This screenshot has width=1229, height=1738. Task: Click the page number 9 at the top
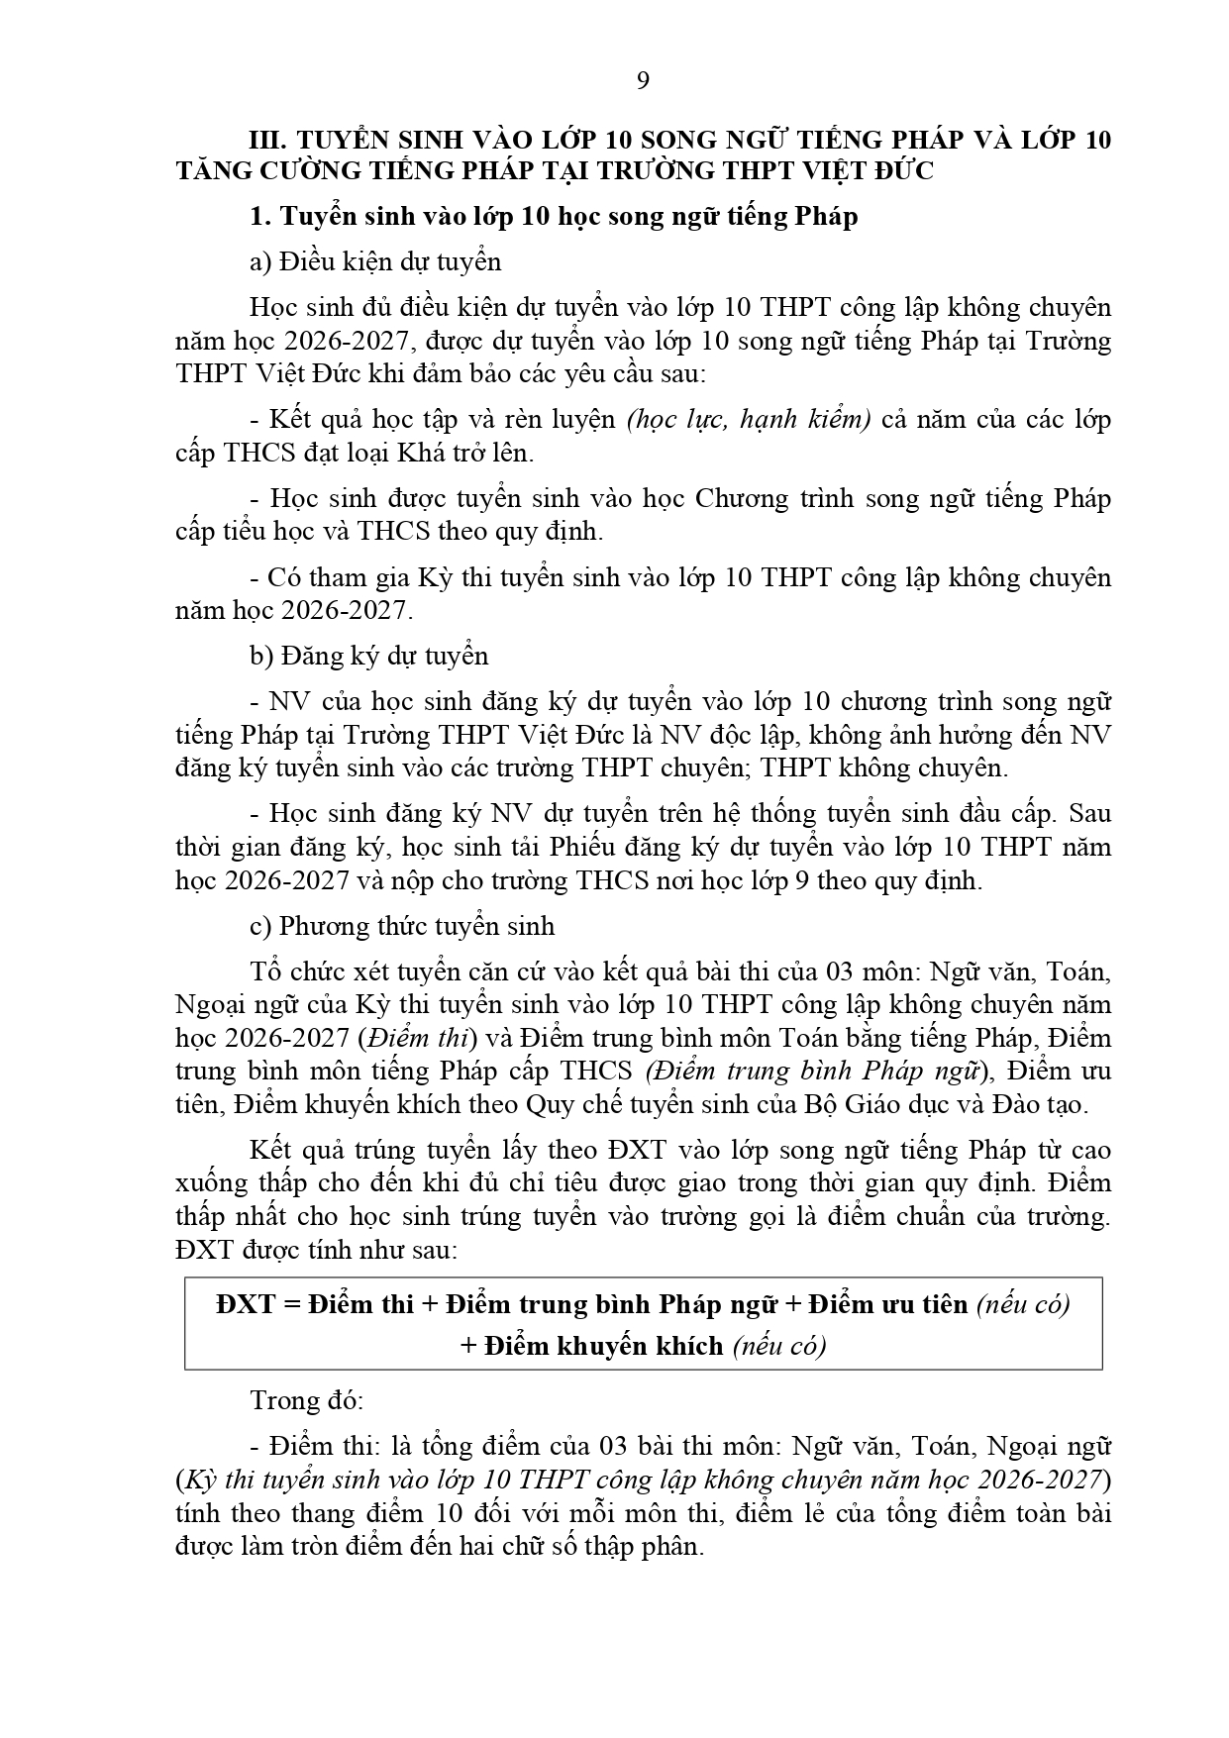(643, 81)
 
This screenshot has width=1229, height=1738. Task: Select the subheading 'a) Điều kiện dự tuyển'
(375, 261)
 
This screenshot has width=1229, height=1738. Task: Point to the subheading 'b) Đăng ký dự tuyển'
(369, 656)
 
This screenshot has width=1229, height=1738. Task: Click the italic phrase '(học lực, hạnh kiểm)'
(749, 419)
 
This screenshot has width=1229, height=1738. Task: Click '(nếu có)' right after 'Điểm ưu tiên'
(1023, 1304)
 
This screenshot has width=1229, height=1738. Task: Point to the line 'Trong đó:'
(307, 1400)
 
